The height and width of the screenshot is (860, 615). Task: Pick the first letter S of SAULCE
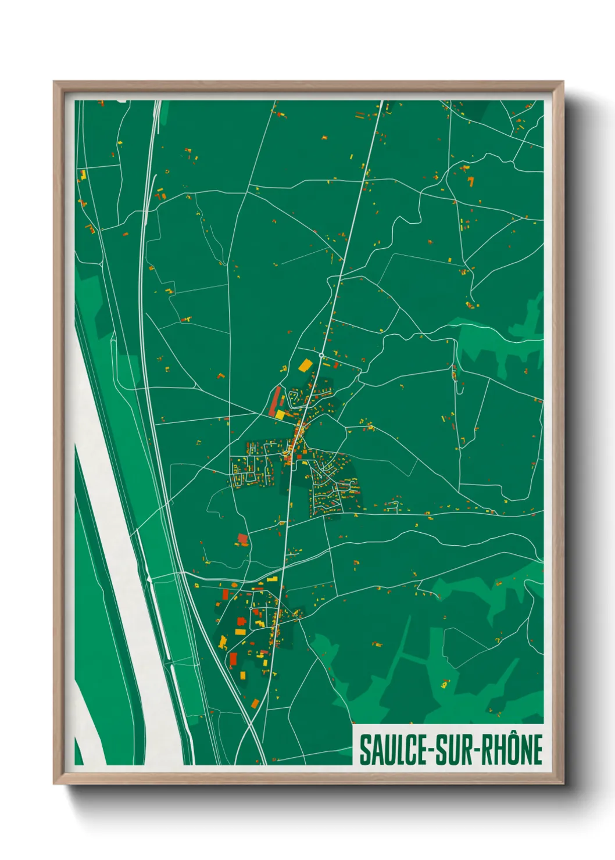point(364,750)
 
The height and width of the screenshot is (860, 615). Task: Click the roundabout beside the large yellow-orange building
point(321,354)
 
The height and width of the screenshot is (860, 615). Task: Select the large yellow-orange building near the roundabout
point(305,365)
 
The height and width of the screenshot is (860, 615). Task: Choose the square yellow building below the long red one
point(280,414)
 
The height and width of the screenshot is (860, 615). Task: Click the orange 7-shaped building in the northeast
point(470,181)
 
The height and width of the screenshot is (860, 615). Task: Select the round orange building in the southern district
point(234,585)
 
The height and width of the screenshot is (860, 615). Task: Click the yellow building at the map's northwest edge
point(83,174)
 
